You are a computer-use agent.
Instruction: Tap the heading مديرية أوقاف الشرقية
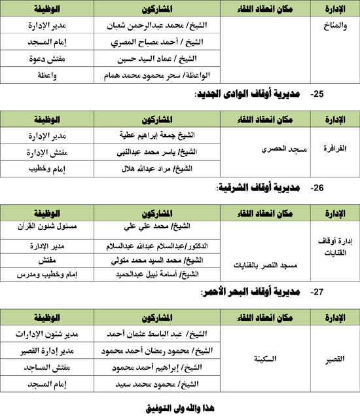click(257, 188)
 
